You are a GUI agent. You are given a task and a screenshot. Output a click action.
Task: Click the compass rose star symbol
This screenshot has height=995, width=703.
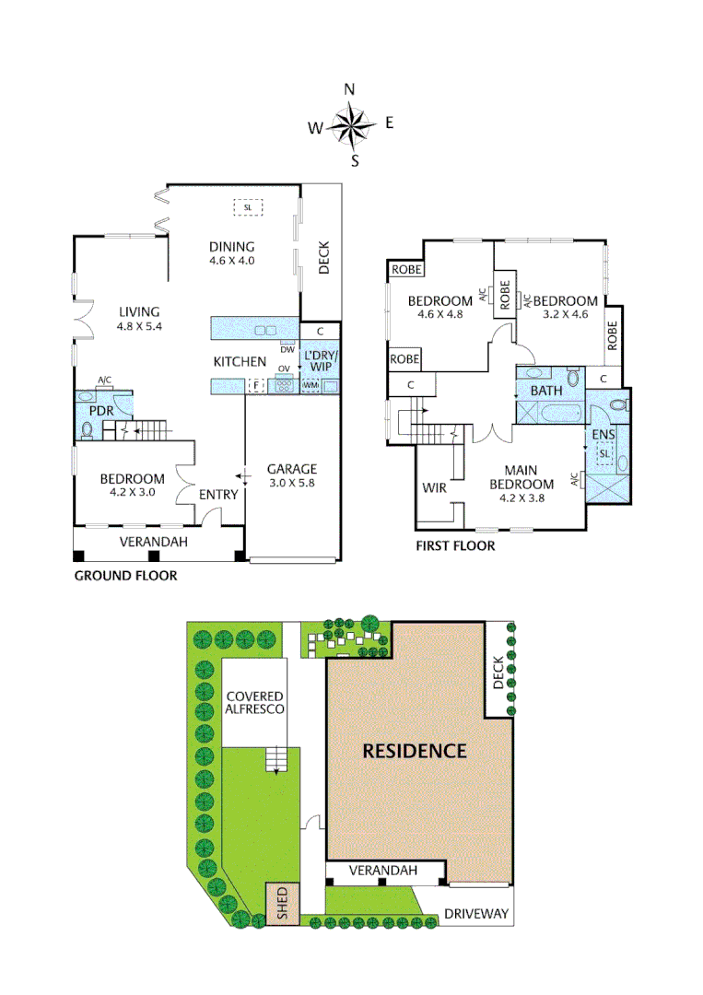click(351, 126)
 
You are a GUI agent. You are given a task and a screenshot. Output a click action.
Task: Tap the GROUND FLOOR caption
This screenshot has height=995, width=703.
click(125, 576)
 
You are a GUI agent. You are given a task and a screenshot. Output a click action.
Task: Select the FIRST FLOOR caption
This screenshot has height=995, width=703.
click(454, 545)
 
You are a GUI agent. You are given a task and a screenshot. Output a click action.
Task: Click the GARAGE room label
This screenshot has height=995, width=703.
click(292, 469)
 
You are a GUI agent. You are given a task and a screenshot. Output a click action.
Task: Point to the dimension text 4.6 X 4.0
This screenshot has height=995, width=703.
click(231, 261)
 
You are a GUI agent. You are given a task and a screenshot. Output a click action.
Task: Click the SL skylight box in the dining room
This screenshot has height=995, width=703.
click(247, 207)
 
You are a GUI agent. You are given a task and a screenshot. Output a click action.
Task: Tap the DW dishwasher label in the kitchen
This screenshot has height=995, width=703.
click(287, 349)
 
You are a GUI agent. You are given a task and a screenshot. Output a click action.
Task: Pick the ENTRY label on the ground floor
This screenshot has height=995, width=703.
click(219, 495)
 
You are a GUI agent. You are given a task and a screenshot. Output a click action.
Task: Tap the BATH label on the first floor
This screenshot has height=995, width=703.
click(545, 392)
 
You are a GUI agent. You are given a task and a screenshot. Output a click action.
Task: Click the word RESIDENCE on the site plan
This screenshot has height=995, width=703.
click(414, 750)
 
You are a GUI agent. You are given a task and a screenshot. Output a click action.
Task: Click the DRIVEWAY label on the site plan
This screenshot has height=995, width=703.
click(475, 914)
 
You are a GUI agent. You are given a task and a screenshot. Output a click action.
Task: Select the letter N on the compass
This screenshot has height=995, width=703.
click(350, 89)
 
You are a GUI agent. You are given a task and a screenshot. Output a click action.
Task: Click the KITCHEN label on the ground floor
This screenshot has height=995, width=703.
click(240, 362)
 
